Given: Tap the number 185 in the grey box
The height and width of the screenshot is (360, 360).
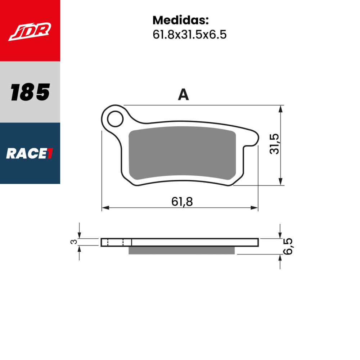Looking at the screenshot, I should click(30, 93).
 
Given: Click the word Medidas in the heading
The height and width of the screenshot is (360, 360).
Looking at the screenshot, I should click(180, 20).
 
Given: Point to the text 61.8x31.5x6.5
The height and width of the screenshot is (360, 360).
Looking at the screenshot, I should click(189, 35).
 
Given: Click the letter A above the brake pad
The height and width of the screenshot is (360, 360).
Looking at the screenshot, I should click(183, 95).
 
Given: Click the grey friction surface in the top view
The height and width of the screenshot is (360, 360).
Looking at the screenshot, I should click(182, 155).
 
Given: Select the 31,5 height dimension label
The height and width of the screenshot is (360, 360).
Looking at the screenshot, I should click(275, 143).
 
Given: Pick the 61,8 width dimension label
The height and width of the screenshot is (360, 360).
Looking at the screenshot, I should click(182, 202).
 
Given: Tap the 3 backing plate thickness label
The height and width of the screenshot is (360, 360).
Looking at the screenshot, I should click(73, 242).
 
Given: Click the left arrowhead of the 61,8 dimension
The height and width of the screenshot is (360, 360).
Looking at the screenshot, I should click(105, 208).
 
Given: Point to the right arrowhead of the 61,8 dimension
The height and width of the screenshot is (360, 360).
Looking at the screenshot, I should click(255, 208).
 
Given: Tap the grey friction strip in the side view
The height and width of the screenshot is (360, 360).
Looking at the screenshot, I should click(182, 250).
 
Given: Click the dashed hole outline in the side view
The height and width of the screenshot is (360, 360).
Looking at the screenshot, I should click(115, 242).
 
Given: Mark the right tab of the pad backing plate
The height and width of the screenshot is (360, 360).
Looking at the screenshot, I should click(253, 140).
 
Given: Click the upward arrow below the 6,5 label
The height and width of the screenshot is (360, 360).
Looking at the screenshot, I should click(280, 258).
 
